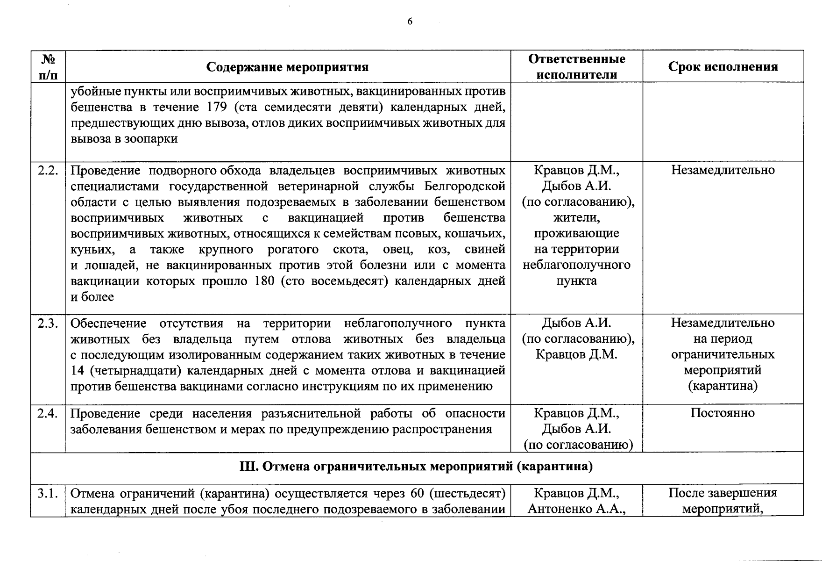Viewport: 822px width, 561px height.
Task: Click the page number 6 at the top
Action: point(410,22)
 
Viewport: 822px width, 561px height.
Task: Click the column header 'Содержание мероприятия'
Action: point(287,67)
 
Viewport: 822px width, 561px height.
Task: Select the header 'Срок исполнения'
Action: point(723,66)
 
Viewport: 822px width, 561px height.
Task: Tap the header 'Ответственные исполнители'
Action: point(576,66)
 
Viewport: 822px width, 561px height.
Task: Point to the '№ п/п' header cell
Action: point(48,66)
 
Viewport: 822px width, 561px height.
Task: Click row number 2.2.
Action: point(48,170)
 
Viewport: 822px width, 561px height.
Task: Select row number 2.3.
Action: point(48,323)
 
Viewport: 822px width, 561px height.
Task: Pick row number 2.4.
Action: point(48,413)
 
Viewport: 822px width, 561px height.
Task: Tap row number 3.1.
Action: point(48,493)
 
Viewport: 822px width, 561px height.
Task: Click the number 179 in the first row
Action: point(216,107)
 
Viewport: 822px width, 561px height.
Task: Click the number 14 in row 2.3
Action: point(77,371)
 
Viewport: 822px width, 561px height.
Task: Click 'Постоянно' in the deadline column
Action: point(723,413)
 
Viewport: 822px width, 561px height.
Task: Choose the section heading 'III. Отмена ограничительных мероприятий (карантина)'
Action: point(416,467)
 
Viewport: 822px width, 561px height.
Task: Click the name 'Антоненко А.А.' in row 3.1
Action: point(576,509)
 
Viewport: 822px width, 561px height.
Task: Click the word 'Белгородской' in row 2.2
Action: point(465,186)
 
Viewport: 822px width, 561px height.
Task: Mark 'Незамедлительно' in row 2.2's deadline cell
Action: point(723,170)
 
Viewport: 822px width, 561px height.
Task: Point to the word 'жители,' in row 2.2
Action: point(576,217)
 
